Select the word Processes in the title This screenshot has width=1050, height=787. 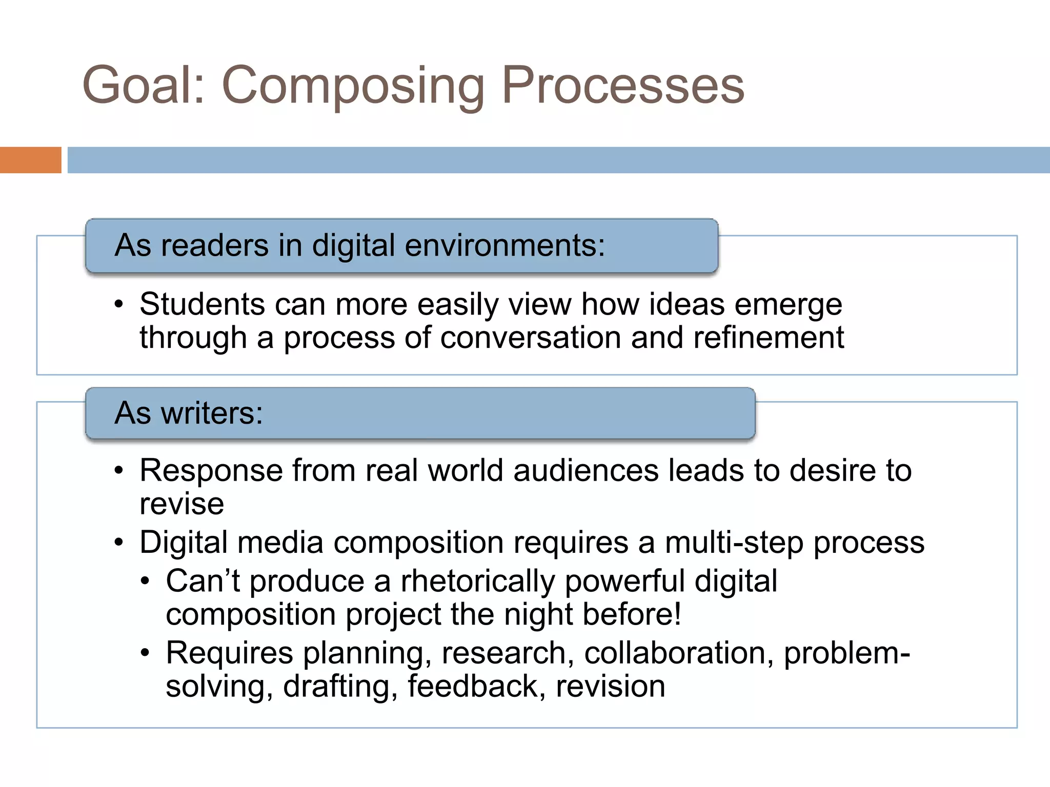(622, 85)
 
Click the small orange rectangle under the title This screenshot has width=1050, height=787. (30, 160)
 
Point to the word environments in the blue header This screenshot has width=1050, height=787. (504, 245)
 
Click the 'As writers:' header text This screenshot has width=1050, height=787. (189, 413)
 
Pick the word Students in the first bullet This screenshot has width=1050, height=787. (202, 304)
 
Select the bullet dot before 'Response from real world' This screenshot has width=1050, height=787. (119, 470)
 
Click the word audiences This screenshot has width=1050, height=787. (585, 470)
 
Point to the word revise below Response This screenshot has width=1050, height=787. (181, 504)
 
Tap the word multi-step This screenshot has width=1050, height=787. (734, 543)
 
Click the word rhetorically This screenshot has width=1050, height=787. (478, 581)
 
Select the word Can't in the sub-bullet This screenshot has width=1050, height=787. (203, 581)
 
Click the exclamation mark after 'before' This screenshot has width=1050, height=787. (677, 614)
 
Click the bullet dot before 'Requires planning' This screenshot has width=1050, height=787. (146, 653)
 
